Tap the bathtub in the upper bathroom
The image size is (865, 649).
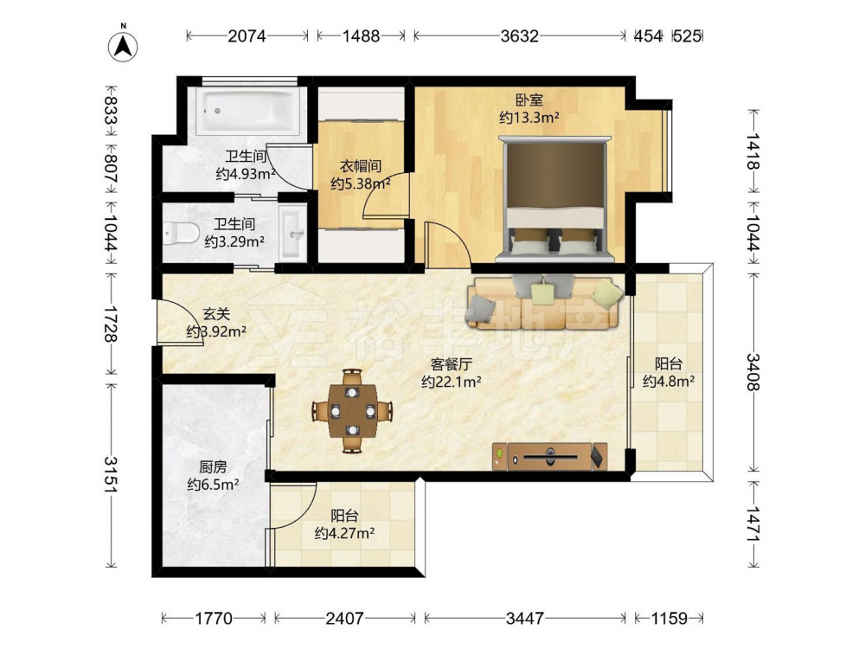pyautogui.click(x=248, y=111)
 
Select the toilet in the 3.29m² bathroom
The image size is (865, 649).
pyautogui.click(x=181, y=232)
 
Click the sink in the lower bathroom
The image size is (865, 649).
pyautogui.click(x=292, y=234)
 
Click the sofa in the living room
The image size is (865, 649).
pyautogui.click(x=546, y=303)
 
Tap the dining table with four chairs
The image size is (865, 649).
pyautogui.click(x=353, y=410)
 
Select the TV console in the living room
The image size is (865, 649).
pyautogui.click(x=550, y=456)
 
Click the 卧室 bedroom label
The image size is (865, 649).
pyautogui.click(x=529, y=100)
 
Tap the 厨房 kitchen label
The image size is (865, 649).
pyautogui.click(x=213, y=467)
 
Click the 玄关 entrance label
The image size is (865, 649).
pyautogui.click(x=216, y=314)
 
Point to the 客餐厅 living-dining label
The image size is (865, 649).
pyautogui.click(x=452, y=364)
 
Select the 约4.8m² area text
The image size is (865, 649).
pyautogui.click(x=669, y=381)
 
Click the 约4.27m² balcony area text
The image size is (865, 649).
pyautogui.click(x=345, y=533)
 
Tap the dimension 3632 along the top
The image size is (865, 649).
pyautogui.click(x=519, y=35)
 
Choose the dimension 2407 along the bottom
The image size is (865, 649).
pyautogui.click(x=344, y=618)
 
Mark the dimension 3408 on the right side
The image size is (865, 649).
pyautogui.click(x=753, y=372)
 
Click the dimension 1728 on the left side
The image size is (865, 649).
pyautogui.click(x=111, y=324)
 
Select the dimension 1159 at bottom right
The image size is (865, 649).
pyautogui.click(x=670, y=618)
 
